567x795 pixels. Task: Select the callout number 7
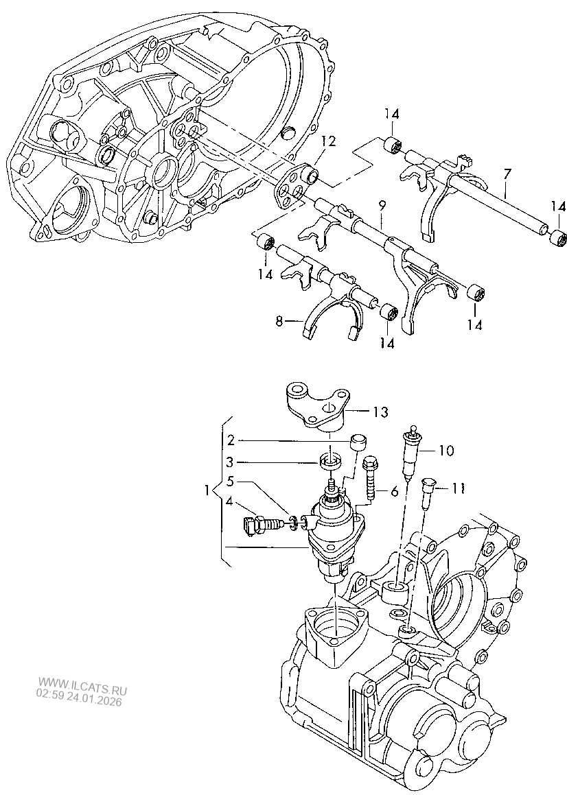click(x=507, y=175)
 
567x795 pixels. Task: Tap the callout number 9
click(x=382, y=205)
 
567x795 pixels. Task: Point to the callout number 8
click(x=279, y=322)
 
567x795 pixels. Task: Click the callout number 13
click(x=380, y=412)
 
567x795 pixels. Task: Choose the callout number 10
click(x=446, y=450)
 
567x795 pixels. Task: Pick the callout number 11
click(x=458, y=488)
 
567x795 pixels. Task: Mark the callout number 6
click(x=395, y=491)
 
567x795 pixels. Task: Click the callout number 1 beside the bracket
click(x=207, y=491)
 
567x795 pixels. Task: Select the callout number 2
click(x=231, y=440)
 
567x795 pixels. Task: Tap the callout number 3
click(x=231, y=462)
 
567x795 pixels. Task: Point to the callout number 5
click(x=231, y=481)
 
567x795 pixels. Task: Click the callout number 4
click(x=230, y=502)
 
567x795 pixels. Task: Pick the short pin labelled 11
click(x=428, y=493)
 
